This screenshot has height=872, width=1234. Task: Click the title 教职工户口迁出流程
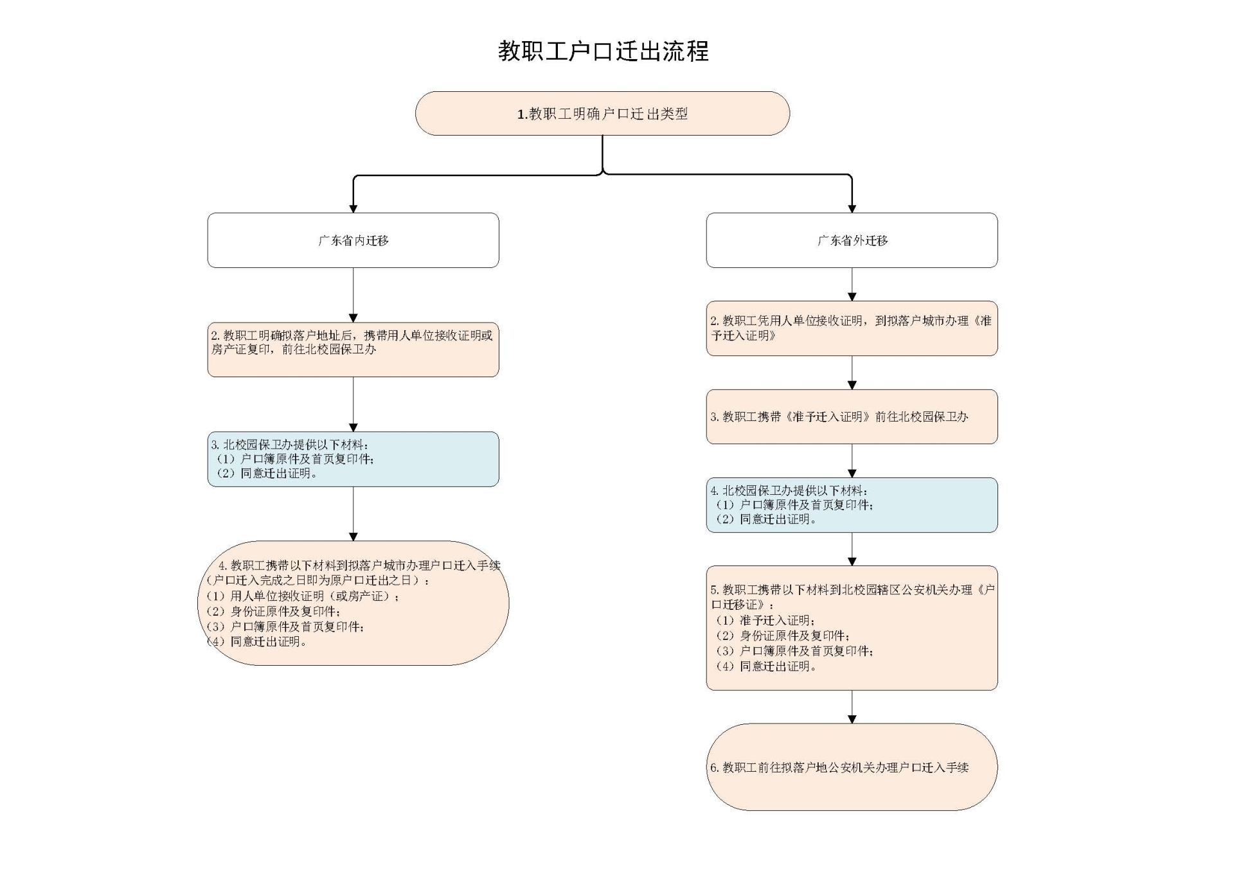click(603, 51)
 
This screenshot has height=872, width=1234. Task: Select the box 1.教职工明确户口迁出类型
click(602, 113)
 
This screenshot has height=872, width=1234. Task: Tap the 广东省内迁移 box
click(353, 240)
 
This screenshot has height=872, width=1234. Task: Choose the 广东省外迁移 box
click(852, 240)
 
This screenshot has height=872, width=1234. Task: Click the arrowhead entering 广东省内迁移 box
click(353, 208)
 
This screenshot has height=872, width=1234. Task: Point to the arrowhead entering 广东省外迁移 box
click(852, 208)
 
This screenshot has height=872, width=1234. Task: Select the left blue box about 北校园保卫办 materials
click(353, 459)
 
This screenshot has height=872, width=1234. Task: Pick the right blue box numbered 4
click(852, 505)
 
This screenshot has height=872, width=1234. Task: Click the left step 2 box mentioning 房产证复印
click(353, 350)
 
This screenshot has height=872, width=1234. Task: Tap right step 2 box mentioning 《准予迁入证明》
click(852, 328)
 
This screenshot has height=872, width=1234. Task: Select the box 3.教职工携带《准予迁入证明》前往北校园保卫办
click(852, 416)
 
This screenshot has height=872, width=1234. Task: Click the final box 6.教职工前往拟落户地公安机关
click(852, 767)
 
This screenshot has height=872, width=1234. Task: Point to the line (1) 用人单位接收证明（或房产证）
click(302, 596)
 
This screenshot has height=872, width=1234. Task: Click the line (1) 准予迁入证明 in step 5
click(765, 620)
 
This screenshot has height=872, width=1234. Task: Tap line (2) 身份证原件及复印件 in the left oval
click(273, 611)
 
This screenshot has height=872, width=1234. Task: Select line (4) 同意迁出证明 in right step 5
click(765, 666)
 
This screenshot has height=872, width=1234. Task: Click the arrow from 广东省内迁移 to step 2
click(353, 295)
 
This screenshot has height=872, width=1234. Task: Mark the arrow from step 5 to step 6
click(852, 707)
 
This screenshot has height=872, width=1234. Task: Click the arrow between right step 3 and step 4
click(852, 461)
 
